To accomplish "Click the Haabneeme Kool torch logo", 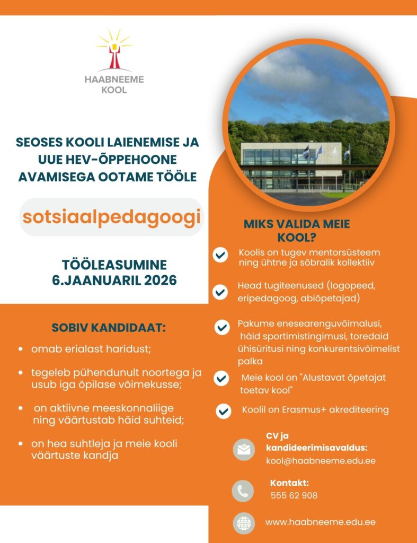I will (x=113, y=50).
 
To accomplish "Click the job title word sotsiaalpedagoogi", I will (x=111, y=217).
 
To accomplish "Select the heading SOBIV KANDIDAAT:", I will (x=109, y=327).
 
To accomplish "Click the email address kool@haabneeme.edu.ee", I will (x=321, y=461).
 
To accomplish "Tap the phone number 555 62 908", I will (x=294, y=496).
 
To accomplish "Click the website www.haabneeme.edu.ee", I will (x=320, y=522).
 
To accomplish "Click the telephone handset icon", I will (x=243, y=491).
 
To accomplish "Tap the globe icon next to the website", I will (x=244, y=523).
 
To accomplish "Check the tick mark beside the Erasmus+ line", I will (x=224, y=411).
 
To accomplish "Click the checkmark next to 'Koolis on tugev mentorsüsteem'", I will (x=220, y=256).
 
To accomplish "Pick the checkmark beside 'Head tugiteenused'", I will (x=219, y=292).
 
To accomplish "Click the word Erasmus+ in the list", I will (x=300, y=409).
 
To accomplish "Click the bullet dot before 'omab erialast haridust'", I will (x=20, y=350).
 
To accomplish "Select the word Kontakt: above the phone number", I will (x=289, y=483).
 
